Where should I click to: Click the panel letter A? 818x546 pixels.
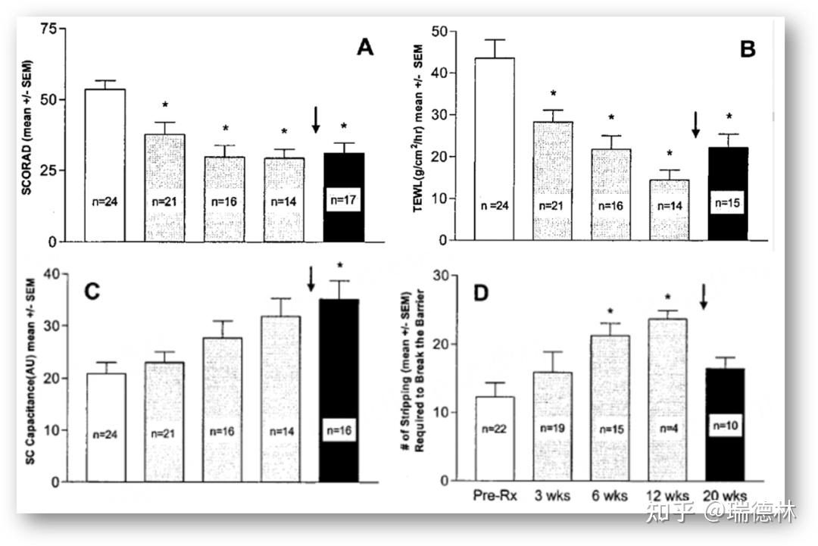click(366, 48)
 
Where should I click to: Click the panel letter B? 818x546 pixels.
click(748, 50)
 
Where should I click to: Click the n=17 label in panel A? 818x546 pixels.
click(344, 200)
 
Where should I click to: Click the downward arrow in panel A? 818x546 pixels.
click(317, 120)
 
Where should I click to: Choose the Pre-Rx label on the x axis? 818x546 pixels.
click(494, 496)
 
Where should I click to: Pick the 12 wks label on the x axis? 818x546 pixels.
click(666, 496)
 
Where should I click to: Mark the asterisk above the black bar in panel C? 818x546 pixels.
click(340, 266)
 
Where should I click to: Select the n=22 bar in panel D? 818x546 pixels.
click(494, 439)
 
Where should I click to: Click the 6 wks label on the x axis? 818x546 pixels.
click(609, 496)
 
